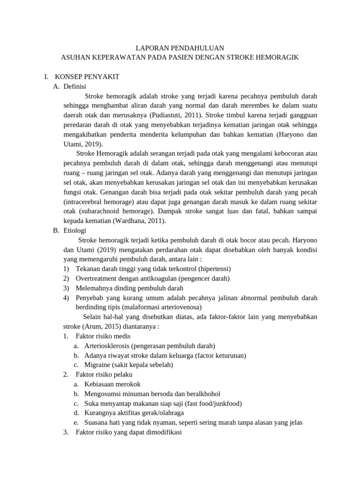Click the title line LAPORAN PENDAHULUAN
pos(180,48)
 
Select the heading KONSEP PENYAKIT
pos(87,76)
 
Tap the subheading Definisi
pos(75,86)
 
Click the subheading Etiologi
pos(75,230)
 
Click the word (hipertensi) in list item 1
pos(214,269)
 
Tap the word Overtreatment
pos(97,278)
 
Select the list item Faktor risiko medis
pos(103,336)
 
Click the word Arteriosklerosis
pos(107,346)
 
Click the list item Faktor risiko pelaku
pos(104,375)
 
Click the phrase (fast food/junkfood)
pos(212,403)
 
